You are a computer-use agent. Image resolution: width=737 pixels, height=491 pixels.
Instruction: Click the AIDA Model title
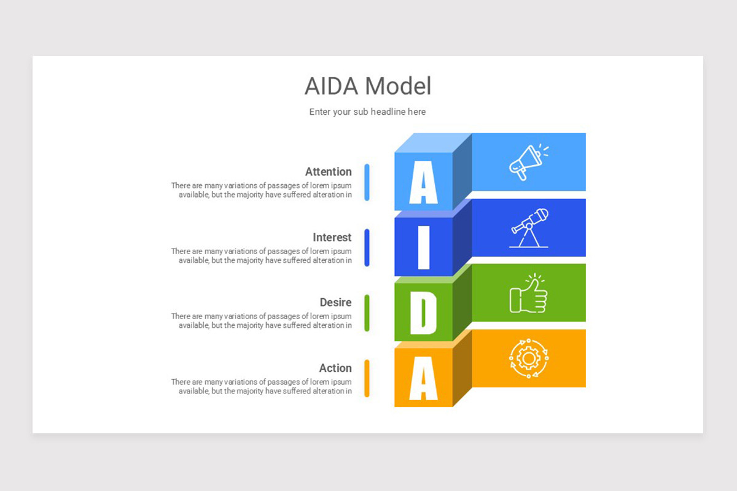click(x=368, y=87)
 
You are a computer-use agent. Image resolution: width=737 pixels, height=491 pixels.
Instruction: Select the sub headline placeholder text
click(x=367, y=112)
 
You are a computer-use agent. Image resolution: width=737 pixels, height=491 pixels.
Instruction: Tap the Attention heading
click(x=328, y=172)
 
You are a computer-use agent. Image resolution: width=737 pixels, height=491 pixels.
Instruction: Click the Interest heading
click(x=332, y=238)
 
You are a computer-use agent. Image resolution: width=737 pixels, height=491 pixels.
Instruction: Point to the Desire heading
click(x=335, y=303)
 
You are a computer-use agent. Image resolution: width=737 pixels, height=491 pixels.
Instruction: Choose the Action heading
click(x=335, y=368)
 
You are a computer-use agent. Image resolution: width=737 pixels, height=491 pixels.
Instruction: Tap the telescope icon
click(x=529, y=228)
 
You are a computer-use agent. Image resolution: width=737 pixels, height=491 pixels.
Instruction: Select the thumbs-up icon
click(x=529, y=293)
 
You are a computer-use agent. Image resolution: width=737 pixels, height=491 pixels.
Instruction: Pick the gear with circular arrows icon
click(x=529, y=358)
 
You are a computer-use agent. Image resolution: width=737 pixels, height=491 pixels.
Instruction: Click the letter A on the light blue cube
click(x=423, y=182)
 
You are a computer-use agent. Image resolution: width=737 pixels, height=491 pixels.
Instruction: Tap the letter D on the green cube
click(x=423, y=313)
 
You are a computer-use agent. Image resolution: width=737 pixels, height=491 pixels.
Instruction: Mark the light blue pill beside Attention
click(x=367, y=182)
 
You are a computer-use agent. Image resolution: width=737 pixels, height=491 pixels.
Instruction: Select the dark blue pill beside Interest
click(x=367, y=247)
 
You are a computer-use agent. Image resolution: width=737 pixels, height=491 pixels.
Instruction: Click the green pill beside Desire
click(x=367, y=313)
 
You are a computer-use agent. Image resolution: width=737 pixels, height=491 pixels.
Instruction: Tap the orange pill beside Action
click(x=367, y=378)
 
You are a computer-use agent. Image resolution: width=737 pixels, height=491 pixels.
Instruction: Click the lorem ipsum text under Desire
click(x=262, y=321)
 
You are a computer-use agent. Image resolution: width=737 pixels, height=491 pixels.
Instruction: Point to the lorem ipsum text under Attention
click(x=262, y=190)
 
